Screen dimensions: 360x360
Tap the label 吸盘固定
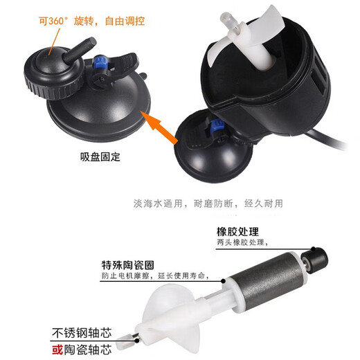pyautogui.click(x=100, y=156)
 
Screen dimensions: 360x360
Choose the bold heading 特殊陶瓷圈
pyautogui.click(x=127, y=265)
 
